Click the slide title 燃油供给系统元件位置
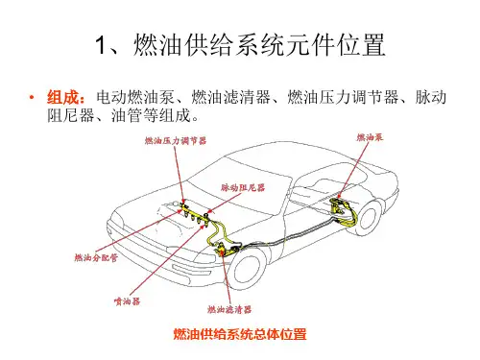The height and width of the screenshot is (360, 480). click(x=258, y=45)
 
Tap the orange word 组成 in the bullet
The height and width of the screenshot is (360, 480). click(x=62, y=97)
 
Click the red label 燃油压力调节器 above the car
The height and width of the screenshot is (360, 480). click(x=176, y=141)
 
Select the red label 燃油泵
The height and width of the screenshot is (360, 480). click(x=370, y=137)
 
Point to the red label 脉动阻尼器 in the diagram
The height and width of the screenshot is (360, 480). click(x=243, y=187)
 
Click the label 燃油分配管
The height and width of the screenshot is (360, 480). click(x=96, y=257)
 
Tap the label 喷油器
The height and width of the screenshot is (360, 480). click(x=127, y=301)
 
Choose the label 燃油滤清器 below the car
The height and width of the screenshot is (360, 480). click(x=229, y=309)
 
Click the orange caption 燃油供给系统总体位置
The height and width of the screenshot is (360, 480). click(x=240, y=334)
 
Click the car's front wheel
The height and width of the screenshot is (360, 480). click(x=248, y=269)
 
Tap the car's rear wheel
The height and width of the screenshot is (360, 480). click(x=369, y=217)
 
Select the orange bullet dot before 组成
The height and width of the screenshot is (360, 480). click(x=32, y=97)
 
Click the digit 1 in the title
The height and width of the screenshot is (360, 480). click(x=101, y=45)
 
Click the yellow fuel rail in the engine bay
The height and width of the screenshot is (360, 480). click(x=195, y=213)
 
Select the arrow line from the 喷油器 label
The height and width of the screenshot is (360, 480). click(x=166, y=260)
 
